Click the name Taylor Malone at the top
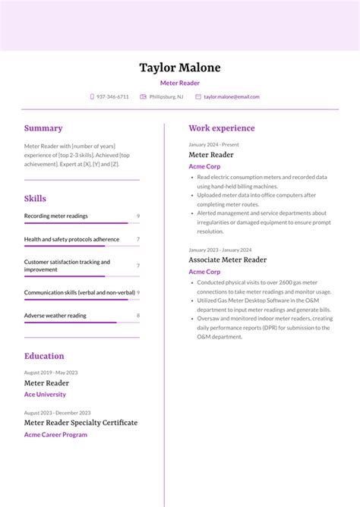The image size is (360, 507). pos(180,68)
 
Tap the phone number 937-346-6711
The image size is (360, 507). pos(112,97)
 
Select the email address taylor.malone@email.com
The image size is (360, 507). pos(232,97)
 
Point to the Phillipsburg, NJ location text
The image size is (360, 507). pos(166,97)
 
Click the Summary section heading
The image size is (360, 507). pos(43,128)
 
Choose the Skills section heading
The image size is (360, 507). pos(35,199)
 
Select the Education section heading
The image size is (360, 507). pos(44,356)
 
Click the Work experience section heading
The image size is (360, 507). pos(222,128)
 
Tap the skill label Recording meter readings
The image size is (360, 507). pos(56,216)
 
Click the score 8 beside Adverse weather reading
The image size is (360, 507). pos(137,316)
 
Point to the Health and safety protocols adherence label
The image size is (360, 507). pos(71,240)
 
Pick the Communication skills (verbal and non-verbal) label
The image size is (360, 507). pos(79,292)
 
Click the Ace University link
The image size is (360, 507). pos(45,395)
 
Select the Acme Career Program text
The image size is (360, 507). pos(55,435)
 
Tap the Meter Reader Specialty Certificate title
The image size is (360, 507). pos(81,423)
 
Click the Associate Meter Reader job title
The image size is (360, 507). pos(228,260)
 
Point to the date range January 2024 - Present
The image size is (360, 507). pos(213,144)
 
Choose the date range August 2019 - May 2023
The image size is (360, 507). pos(51,373)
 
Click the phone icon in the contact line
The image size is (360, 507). pos(92,97)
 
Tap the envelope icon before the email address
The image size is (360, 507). pos(198,97)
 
